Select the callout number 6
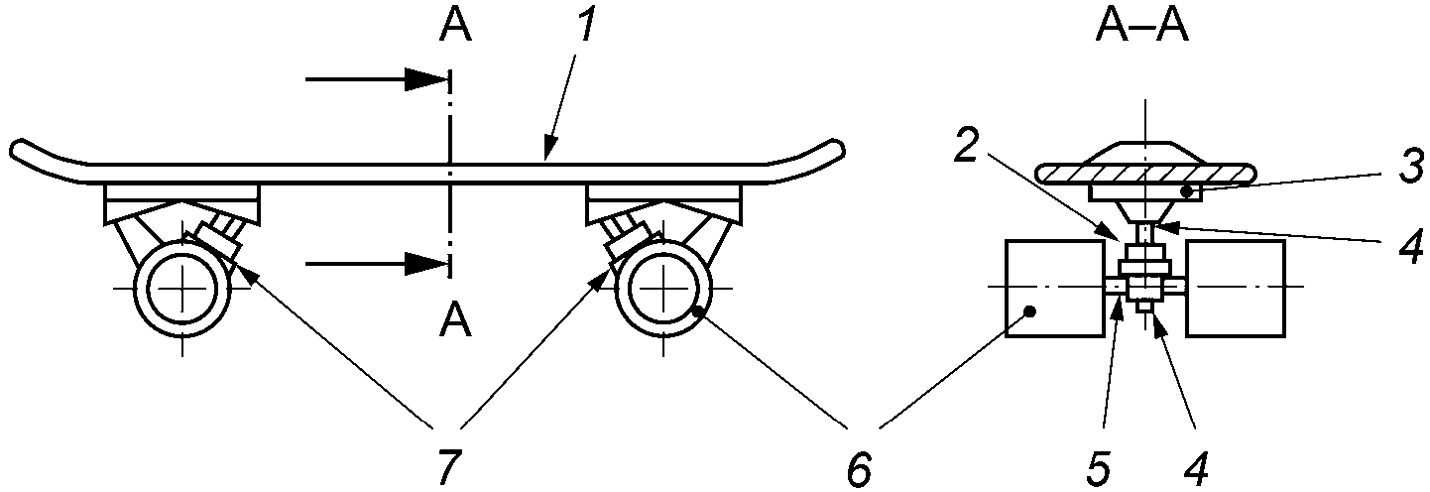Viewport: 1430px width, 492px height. (858, 466)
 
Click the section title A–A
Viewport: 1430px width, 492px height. (1141, 27)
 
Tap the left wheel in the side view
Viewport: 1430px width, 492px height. (182, 287)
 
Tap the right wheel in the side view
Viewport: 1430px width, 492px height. (662, 287)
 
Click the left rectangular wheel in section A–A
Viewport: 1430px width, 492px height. (1053, 288)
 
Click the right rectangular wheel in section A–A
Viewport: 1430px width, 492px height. (1236, 288)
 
